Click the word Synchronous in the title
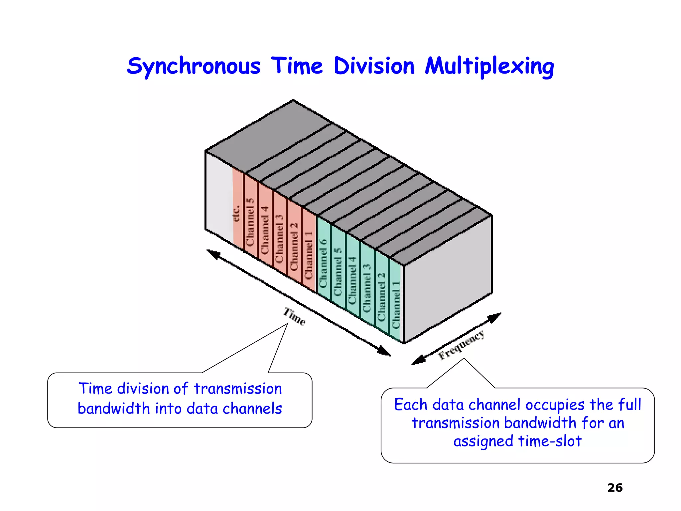(194, 67)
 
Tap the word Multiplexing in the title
(489, 67)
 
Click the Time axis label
(294, 316)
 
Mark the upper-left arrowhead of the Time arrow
(213, 254)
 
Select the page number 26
(614, 488)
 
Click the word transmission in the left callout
(238, 389)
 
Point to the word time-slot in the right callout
(550, 441)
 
